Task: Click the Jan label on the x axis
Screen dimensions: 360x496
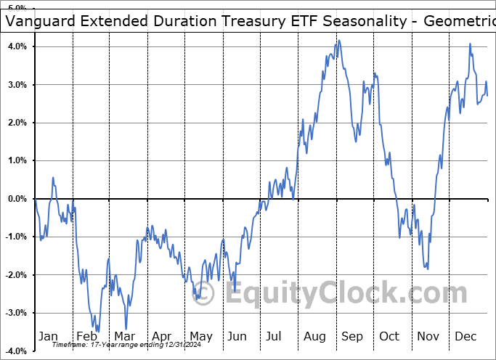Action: click(x=48, y=336)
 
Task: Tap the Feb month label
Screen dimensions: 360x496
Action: click(x=86, y=336)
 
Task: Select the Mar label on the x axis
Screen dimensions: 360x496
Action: click(x=123, y=336)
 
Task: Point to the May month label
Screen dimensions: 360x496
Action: click(x=200, y=336)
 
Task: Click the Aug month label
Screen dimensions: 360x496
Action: click(x=315, y=336)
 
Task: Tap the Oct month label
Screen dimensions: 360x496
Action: click(x=390, y=336)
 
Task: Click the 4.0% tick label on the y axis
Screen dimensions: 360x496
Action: click(x=16, y=46)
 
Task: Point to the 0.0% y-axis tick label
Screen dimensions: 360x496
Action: click(x=16, y=199)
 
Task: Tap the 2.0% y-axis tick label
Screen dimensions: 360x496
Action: click(x=16, y=123)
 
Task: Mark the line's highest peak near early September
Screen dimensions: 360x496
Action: click(x=338, y=41)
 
